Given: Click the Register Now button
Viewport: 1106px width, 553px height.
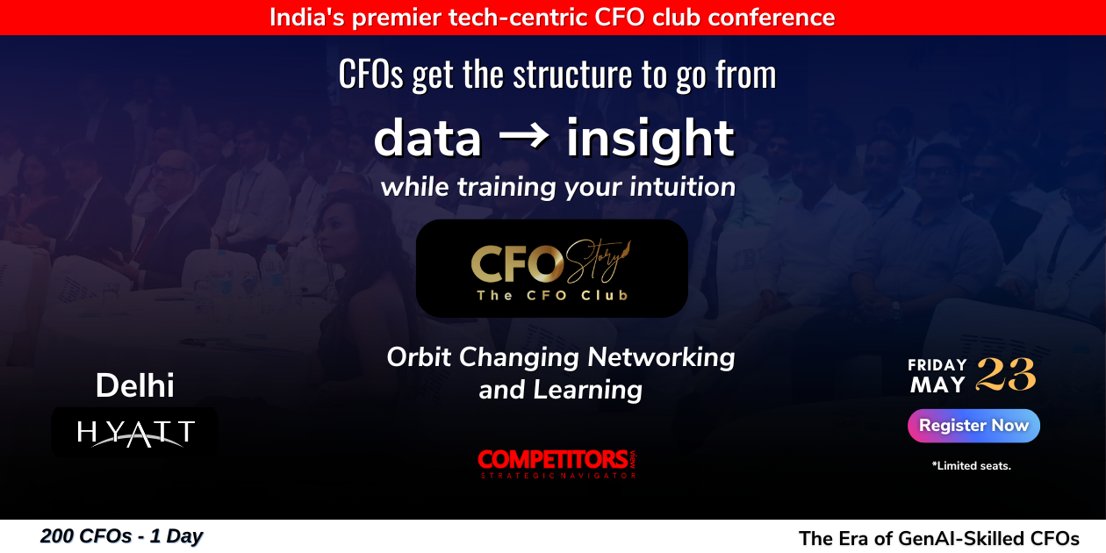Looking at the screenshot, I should pos(973,426).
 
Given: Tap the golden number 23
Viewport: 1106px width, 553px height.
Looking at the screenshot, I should pos(1006,375).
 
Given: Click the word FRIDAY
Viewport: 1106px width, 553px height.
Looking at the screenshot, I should pos(937,365).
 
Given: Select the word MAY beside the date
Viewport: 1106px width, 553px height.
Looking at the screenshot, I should pos(937,384).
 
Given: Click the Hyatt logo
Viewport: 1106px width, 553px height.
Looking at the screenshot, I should pos(135,433).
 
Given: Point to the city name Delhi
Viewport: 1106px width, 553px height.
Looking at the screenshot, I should pos(135,385).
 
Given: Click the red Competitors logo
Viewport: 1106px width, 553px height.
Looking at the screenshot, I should pos(557,463).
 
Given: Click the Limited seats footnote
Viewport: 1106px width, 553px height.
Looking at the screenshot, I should pos(972,466).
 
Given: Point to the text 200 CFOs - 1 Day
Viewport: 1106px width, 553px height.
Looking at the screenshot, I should pos(121,536).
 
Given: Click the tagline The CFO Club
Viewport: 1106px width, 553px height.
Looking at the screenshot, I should pos(552,296).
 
